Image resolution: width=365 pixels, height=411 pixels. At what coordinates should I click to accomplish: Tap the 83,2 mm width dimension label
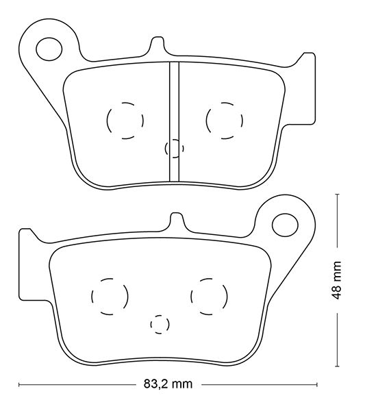click(168, 384)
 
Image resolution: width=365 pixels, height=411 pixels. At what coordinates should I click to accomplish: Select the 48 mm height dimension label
click(336, 280)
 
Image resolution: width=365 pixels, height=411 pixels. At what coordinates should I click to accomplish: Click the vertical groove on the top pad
click(174, 122)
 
